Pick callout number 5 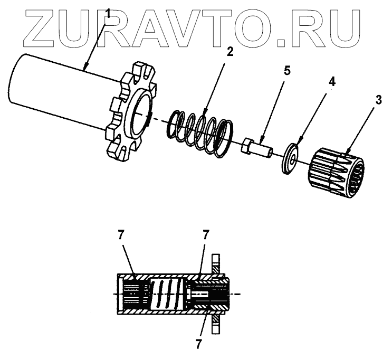point(286,70)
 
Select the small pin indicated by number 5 point(257,147)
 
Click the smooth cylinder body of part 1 point(58,95)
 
